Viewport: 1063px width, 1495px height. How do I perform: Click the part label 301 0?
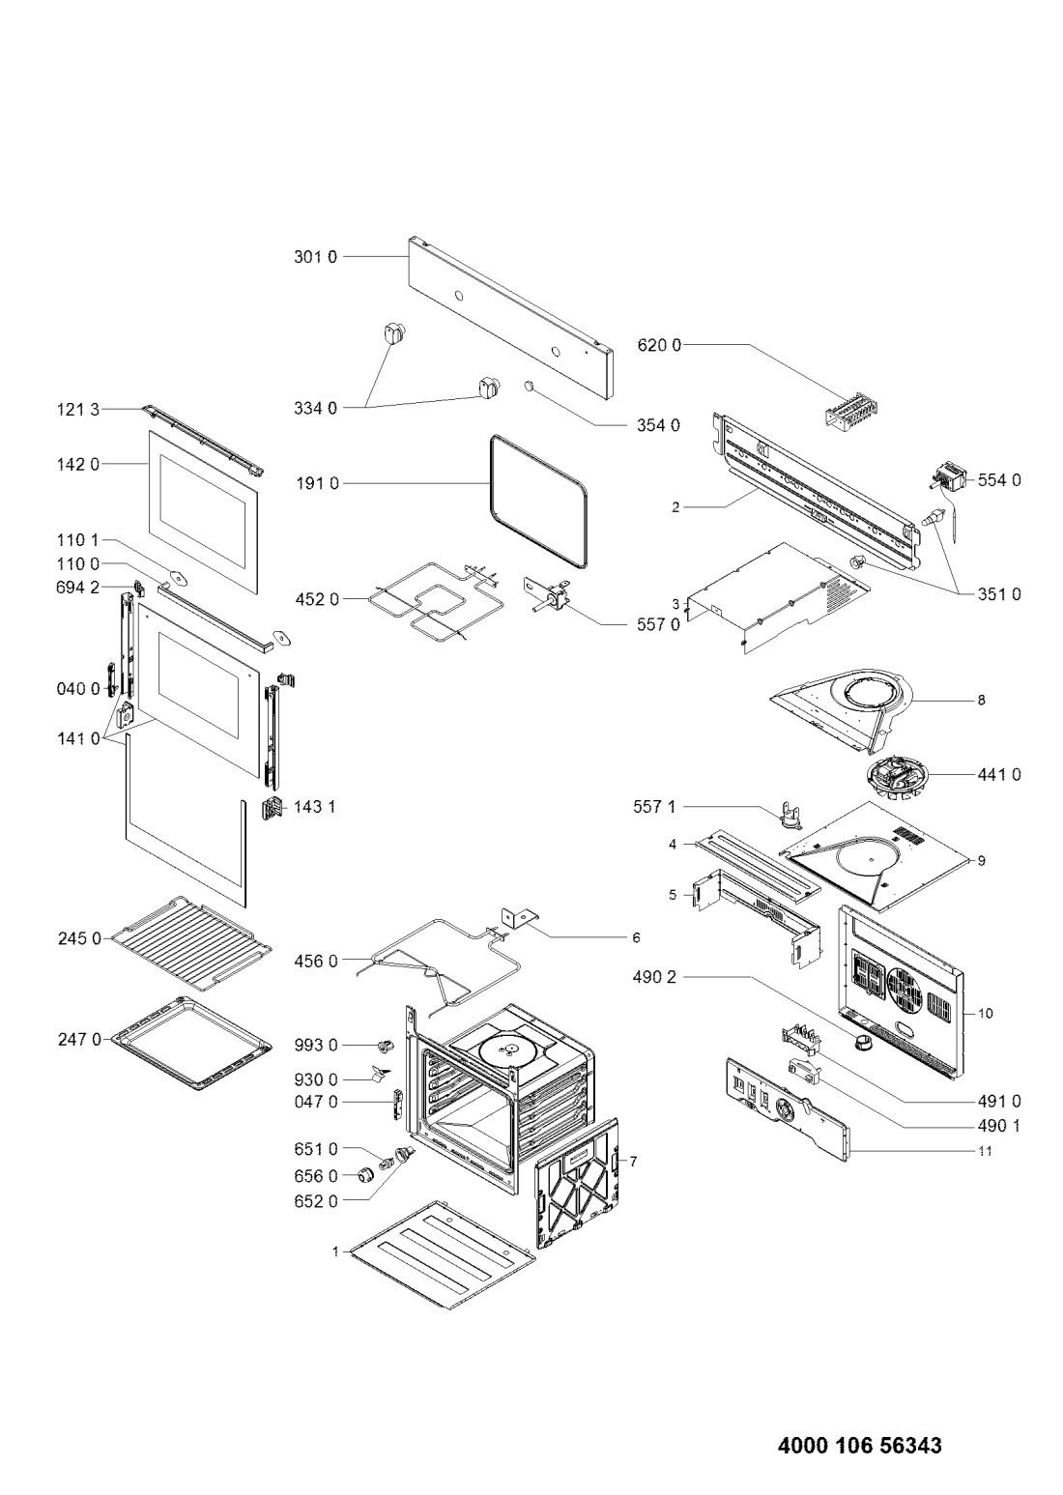[315, 257]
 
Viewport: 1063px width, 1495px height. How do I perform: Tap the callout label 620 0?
[659, 344]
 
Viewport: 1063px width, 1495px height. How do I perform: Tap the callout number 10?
[986, 1014]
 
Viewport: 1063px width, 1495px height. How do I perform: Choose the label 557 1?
[654, 804]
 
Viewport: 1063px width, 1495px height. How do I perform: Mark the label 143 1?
[315, 806]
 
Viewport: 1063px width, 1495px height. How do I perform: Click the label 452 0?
[317, 599]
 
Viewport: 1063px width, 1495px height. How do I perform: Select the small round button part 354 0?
[529, 386]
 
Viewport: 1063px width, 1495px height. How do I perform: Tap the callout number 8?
[981, 701]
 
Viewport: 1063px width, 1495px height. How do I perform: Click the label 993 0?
[317, 1046]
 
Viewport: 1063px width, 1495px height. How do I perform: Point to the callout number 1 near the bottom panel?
[335, 1251]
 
